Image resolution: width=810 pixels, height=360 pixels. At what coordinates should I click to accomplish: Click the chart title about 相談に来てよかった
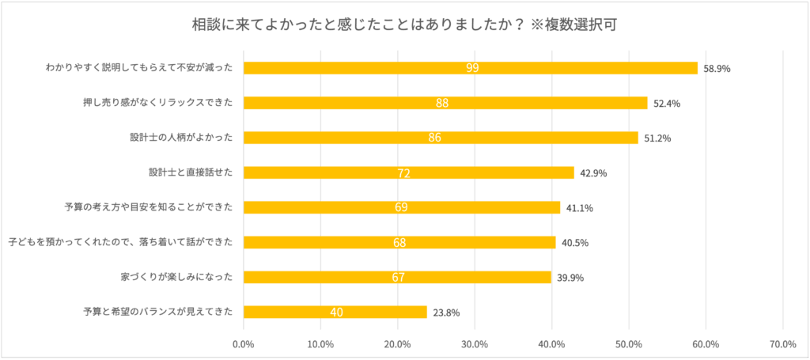pyautogui.click(x=404, y=23)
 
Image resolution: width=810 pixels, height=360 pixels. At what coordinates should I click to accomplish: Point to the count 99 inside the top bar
pyautogui.click(x=472, y=68)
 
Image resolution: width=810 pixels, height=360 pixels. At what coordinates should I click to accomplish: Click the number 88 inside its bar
pyautogui.click(x=442, y=103)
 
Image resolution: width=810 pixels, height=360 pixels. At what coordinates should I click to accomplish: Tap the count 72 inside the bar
pyautogui.click(x=405, y=172)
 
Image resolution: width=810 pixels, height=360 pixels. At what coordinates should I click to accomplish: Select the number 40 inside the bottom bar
pyautogui.click(x=336, y=312)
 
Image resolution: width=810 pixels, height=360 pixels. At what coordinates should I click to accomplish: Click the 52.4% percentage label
pyautogui.click(x=667, y=104)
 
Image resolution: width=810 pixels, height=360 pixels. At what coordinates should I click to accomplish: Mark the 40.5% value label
pyautogui.click(x=575, y=243)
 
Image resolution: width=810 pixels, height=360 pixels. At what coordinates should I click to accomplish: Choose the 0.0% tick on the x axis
pyautogui.click(x=243, y=344)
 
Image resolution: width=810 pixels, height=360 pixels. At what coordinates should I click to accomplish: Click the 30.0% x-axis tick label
pyautogui.click(x=474, y=344)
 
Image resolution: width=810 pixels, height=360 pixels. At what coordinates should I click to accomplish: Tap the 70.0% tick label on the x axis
pyautogui.click(x=782, y=344)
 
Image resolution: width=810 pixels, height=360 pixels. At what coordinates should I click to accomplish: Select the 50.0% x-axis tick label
pyautogui.click(x=628, y=344)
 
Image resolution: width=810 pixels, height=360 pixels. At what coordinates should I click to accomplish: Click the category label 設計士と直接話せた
pyautogui.click(x=191, y=172)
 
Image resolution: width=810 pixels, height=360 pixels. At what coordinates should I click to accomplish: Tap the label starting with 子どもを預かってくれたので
pyautogui.click(x=120, y=242)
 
